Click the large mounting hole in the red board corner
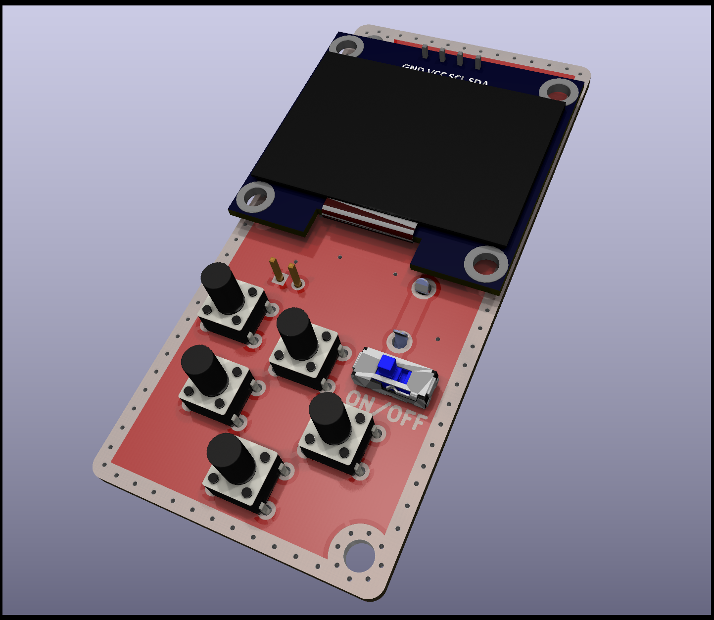(359, 555)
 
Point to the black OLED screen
(406, 148)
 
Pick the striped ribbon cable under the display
(368, 220)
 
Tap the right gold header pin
(294, 275)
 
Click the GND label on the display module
(413, 69)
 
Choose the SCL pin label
(457, 78)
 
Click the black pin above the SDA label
(478, 62)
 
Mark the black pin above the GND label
(425, 51)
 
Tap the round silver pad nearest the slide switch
(400, 340)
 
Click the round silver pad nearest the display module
(422, 286)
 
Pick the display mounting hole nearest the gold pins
(255, 197)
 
